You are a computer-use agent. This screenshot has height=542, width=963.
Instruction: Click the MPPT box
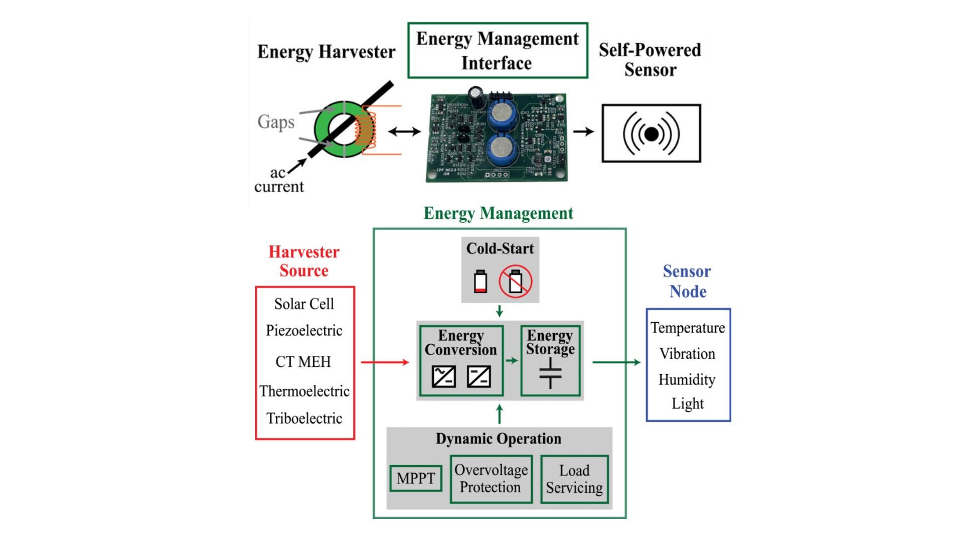[416, 478]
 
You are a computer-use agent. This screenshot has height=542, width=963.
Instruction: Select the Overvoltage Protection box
[491, 479]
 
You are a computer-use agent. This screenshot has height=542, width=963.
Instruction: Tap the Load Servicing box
[574, 479]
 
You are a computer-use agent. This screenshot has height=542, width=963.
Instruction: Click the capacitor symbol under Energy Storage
[550, 373]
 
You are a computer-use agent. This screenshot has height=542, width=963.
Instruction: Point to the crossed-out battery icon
[515, 282]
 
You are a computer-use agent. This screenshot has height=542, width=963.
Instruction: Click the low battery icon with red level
[480, 282]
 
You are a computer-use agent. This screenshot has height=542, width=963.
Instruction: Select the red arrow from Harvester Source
[385, 362]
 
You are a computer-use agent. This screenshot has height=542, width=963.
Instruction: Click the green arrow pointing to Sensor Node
[616, 362]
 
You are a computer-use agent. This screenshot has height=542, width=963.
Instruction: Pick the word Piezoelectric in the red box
[304, 330]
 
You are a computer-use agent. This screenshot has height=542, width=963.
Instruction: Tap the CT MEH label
[303, 361]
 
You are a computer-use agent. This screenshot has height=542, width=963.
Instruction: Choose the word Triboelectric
[304, 418]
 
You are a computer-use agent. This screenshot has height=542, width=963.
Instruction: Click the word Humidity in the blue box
[687, 379]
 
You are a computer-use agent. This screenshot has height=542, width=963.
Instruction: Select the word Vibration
[687, 353]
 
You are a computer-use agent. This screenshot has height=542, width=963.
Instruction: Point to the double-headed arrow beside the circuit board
[404, 131]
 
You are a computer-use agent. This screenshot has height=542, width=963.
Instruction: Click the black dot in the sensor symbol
[651, 134]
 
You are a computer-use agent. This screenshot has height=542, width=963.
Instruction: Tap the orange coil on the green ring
[365, 130]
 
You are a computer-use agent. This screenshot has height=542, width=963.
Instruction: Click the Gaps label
[276, 121]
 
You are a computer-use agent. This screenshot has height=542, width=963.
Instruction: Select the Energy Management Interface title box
[498, 50]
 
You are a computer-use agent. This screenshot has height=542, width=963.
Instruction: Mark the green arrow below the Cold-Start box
[500, 311]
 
